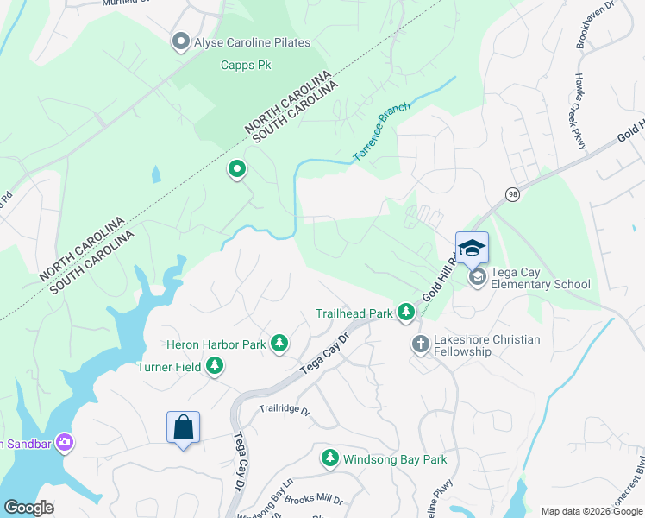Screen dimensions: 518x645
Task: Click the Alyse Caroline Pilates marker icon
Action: (x=181, y=42)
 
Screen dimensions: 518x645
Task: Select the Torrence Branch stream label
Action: (x=381, y=133)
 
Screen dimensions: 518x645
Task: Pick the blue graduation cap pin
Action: (x=472, y=249)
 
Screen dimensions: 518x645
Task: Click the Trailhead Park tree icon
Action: (x=406, y=312)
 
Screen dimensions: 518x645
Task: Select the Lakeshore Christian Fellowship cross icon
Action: (x=420, y=344)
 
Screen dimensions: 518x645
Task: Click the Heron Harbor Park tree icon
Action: (x=279, y=344)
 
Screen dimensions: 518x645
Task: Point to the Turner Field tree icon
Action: (x=214, y=367)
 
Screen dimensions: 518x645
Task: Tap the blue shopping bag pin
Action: (x=183, y=427)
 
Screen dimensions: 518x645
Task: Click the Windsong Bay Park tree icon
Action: (x=329, y=458)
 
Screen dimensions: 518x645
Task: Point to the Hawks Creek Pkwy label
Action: (x=580, y=111)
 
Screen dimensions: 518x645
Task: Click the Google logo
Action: (x=28, y=508)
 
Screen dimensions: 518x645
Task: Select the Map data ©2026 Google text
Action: (x=592, y=511)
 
